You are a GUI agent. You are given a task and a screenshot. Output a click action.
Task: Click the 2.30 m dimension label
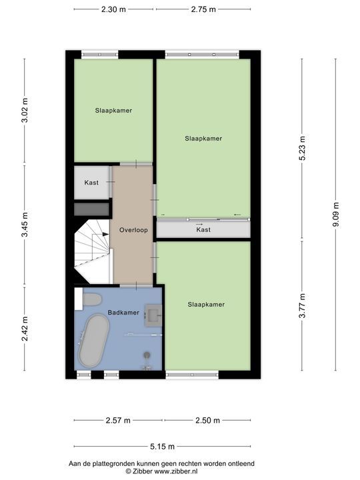click(113, 10)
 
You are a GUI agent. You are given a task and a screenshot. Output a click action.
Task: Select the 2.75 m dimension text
click(203, 10)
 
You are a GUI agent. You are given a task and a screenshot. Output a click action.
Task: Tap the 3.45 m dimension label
click(25, 224)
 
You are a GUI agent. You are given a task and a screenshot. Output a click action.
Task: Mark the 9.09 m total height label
click(335, 215)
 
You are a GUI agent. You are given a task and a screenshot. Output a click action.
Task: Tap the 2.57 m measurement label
click(118, 420)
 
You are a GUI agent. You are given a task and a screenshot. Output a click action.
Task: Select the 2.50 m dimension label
click(208, 420)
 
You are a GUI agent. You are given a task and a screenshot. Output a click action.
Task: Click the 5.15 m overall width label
click(162, 447)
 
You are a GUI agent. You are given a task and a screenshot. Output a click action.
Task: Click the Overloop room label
click(133, 230)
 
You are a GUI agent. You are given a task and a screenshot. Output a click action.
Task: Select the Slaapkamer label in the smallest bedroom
click(113, 111)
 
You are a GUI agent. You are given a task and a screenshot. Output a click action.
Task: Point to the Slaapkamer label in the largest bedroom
click(203, 139)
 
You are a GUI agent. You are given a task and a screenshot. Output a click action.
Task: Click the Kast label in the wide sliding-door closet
click(203, 229)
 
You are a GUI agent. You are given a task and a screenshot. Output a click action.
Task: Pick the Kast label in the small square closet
click(91, 183)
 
